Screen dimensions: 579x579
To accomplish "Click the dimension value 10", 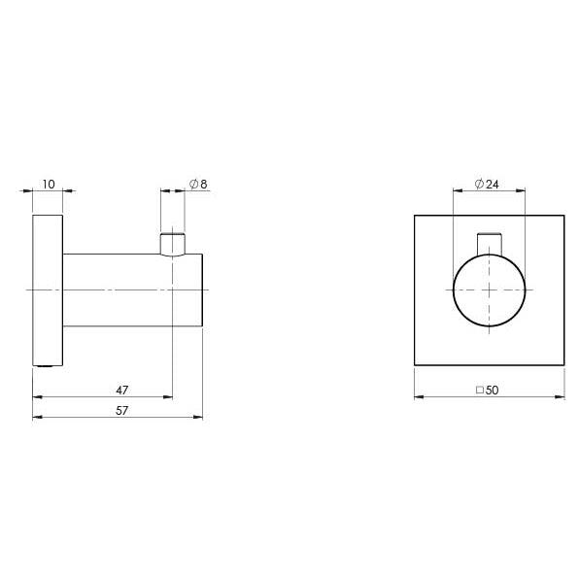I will click(x=49, y=183).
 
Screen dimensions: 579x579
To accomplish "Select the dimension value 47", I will click(x=121, y=390).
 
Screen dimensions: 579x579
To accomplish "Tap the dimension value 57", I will click(x=121, y=410).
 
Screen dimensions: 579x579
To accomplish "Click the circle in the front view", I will click(x=489, y=289).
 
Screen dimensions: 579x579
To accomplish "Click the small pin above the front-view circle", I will click(x=489, y=243).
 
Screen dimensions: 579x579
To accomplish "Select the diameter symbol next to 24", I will click(x=479, y=183).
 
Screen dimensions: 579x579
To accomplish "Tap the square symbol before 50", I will click(x=480, y=390).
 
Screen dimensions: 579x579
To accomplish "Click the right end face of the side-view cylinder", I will click(x=202, y=289).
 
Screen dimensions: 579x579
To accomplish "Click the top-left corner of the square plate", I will click(x=415, y=216).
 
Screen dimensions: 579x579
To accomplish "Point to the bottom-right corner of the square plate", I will click(x=564, y=365).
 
